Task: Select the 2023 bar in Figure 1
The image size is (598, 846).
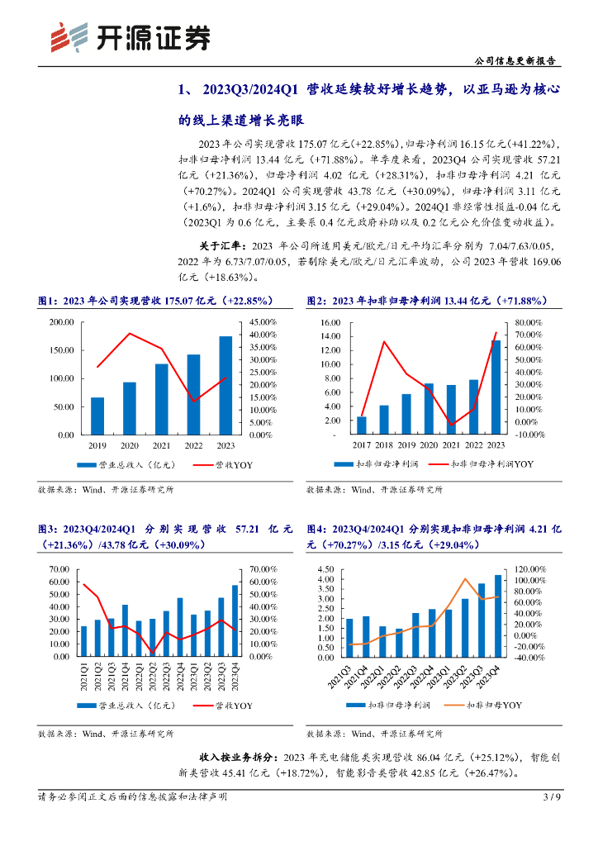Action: pos(225,385)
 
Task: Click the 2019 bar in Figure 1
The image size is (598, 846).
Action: pos(97,416)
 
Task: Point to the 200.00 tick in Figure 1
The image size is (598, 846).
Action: pos(62,322)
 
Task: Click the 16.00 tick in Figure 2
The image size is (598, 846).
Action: pos(330,322)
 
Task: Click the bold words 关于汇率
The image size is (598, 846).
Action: pos(221,245)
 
